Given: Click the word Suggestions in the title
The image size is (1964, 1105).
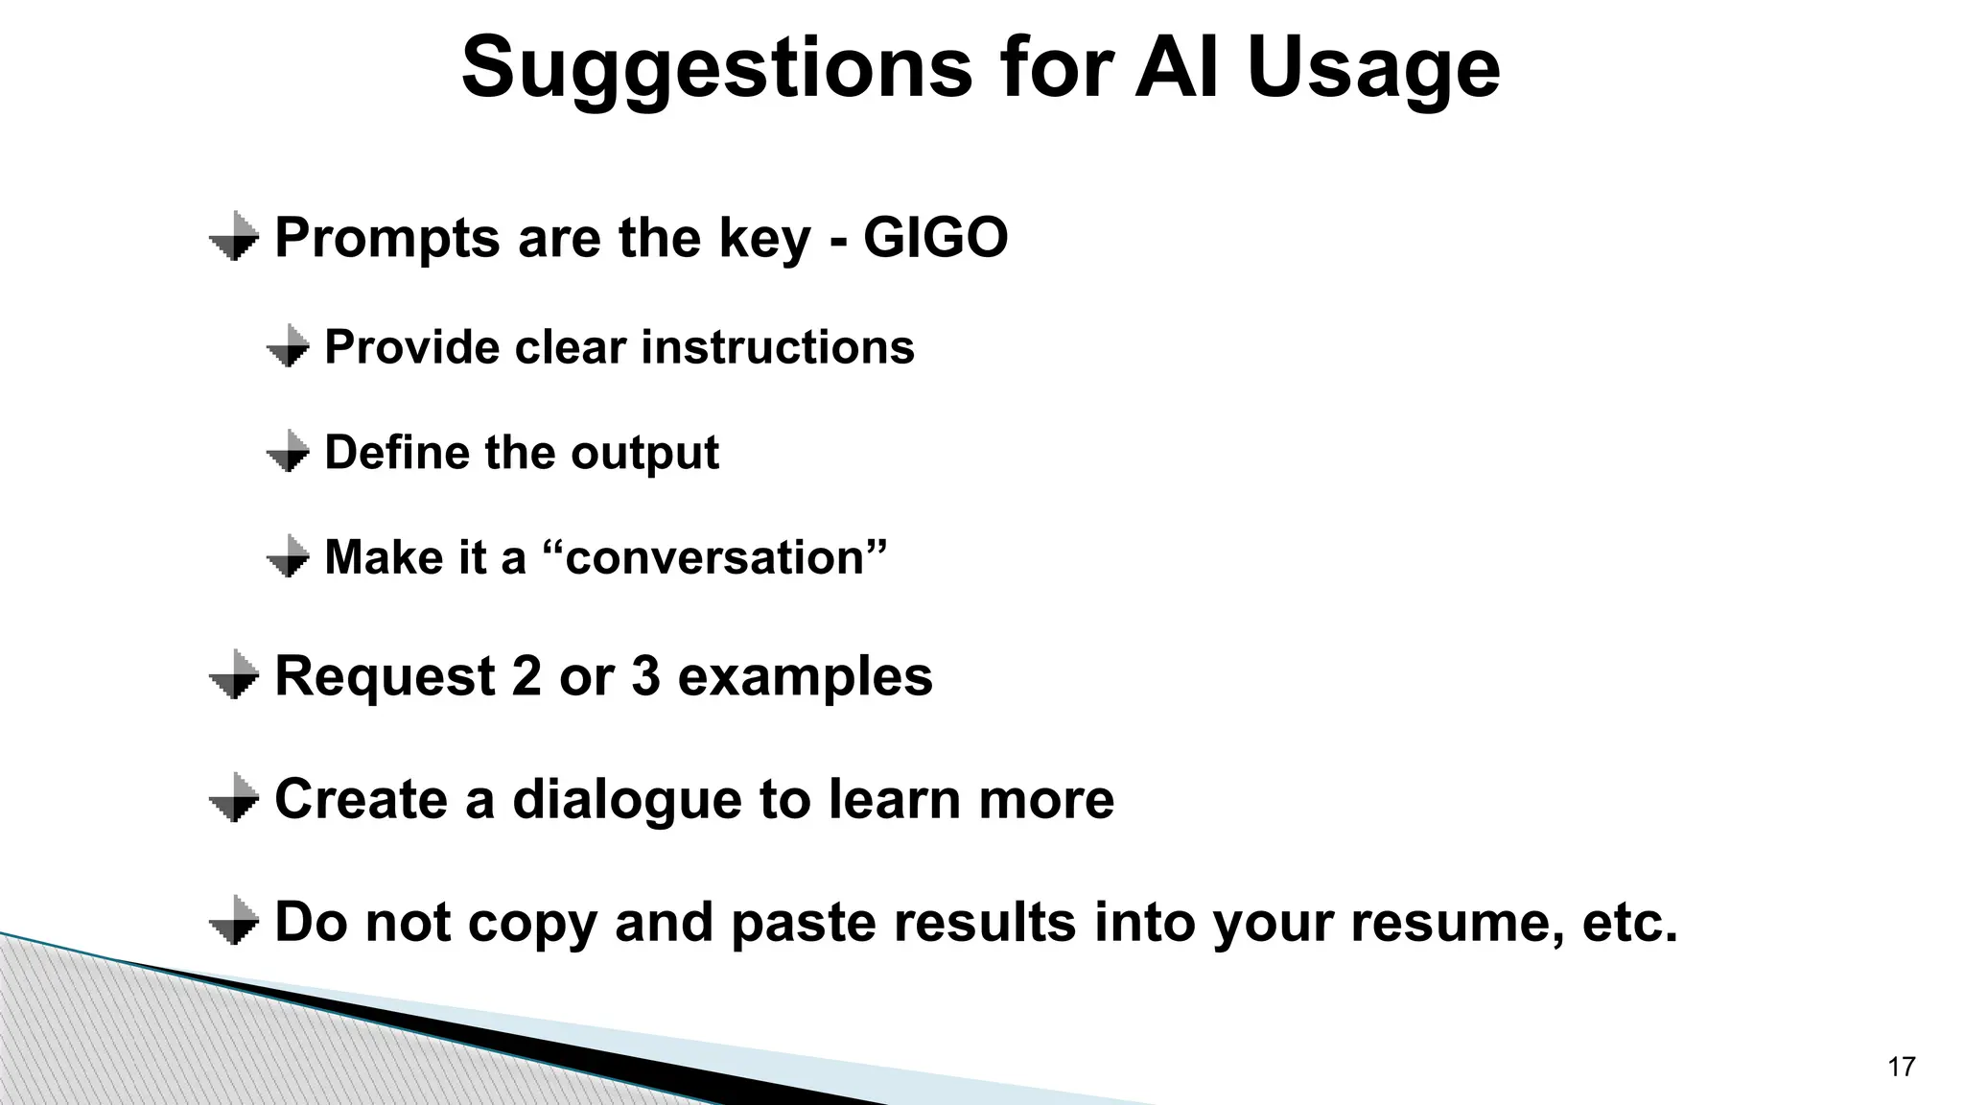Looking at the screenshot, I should point(716,67).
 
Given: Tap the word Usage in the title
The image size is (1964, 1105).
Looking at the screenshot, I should point(1372,67).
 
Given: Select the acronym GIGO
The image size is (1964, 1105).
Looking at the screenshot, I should point(935,237).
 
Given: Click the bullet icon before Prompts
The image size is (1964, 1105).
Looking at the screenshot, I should point(234,237).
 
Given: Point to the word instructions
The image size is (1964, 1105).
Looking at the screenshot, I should point(778,346).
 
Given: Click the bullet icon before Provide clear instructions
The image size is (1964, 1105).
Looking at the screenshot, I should point(288,346).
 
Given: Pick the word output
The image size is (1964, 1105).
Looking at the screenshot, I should point(644,452).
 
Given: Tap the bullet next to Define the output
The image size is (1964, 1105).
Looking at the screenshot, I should point(288,452).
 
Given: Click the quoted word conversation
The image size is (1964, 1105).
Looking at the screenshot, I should point(715,557).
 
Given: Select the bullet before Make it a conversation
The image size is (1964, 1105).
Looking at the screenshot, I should point(288,557).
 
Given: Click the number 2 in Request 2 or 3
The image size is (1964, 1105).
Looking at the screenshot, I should point(526,675).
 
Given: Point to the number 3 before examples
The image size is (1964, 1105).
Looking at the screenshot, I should point(645,675).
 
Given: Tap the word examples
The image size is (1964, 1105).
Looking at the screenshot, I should point(805,675).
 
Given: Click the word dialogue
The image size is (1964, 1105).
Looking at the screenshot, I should point(627,799).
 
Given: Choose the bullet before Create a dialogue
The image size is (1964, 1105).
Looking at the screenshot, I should point(234,799).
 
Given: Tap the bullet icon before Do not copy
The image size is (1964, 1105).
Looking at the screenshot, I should point(234,922).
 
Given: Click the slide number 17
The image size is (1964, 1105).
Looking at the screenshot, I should point(1901,1067).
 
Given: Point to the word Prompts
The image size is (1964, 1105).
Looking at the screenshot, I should point(387,237).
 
